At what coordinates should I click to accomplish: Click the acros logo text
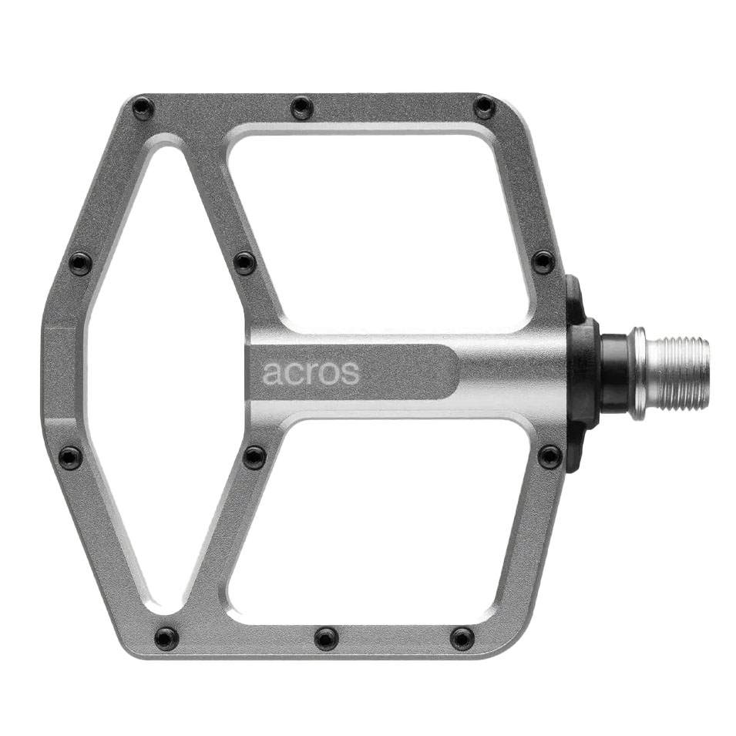[311, 373]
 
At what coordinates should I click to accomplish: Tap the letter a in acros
[272, 374]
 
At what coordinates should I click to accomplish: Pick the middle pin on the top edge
[302, 107]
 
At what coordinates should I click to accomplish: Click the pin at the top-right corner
[484, 107]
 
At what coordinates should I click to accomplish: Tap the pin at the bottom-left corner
[166, 638]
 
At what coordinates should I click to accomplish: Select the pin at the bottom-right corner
[462, 638]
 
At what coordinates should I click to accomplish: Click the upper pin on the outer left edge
[80, 264]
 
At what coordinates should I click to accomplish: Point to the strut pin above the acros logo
[244, 263]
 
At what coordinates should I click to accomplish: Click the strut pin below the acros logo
[254, 457]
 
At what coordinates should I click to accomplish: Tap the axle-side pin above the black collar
[543, 262]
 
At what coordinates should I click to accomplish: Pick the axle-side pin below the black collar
[549, 456]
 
